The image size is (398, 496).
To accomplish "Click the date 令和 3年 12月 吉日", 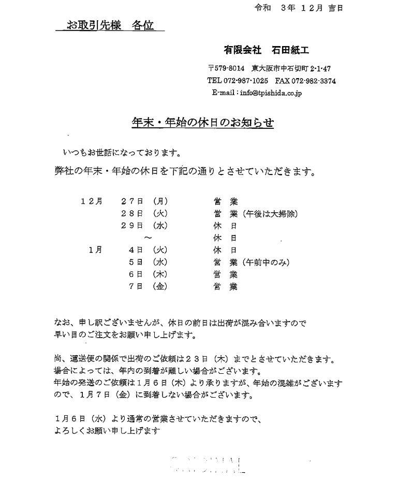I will pyautogui.click(x=299, y=8).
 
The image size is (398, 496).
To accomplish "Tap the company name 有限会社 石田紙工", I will pyautogui.click(x=267, y=50).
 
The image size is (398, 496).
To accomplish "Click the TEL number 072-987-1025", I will pyautogui.click(x=238, y=81).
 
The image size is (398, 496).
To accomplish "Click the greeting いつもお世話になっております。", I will pyautogui.click(x=122, y=153).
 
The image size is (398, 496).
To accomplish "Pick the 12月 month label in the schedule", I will pyautogui.click(x=92, y=201).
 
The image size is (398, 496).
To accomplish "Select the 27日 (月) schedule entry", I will pyautogui.click(x=144, y=201).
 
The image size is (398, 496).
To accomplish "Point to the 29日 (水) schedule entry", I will pyautogui.click(x=144, y=225).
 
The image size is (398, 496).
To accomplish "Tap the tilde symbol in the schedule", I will pyautogui.click(x=148, y=238).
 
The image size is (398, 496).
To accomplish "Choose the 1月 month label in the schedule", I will pyautogui.click(x=95, y=250).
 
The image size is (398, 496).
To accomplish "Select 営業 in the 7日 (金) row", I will pyautogui.click(x=226, y=286).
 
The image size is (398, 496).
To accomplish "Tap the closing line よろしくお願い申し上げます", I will pyautogui.click(x=108, y=430).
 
